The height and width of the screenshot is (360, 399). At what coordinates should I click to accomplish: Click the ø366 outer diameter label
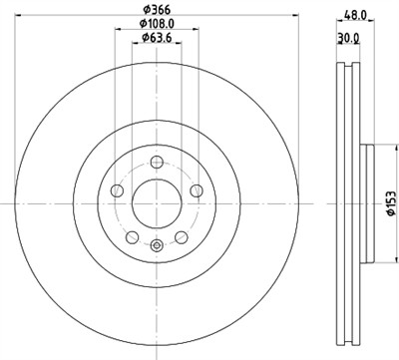pos(156,8)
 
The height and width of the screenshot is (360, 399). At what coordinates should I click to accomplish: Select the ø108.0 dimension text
pos(156,22)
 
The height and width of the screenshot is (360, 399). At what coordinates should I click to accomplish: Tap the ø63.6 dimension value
pos(157,37)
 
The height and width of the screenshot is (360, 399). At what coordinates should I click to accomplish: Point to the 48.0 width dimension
pos(355,16)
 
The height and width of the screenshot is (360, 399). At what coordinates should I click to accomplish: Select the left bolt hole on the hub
pos(117,190)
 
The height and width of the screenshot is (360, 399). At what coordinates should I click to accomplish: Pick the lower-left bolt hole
pos(130,236)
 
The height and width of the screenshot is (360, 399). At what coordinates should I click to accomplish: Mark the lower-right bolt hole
pos(183,236)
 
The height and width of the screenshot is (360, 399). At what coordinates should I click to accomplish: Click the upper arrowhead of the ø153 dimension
pos(376,147)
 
